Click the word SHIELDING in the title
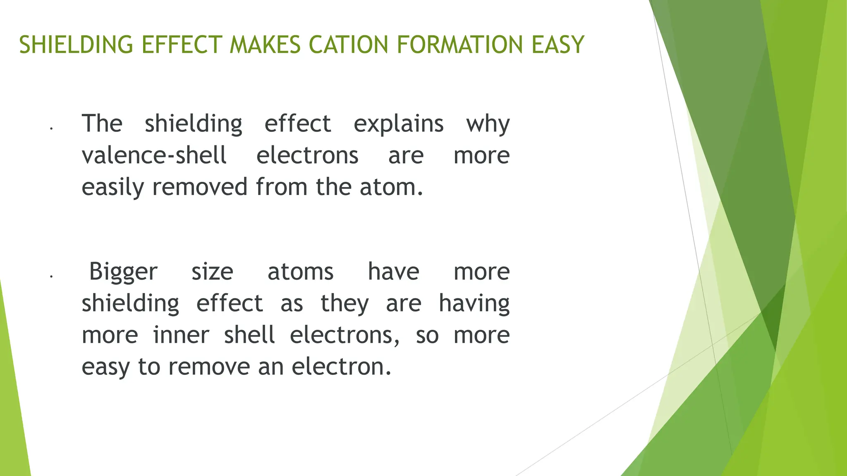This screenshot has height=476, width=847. [76, 45]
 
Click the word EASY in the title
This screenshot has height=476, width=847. [558, 45]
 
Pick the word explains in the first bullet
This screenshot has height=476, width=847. [399, 124]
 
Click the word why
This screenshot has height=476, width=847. [488, 124]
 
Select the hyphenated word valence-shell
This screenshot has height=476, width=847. [154, 155]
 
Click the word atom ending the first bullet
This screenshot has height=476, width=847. [390, 187]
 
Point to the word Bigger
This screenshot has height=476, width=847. [123, 272]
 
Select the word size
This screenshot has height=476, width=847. [212, 272]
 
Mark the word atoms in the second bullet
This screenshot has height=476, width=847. [301, 272]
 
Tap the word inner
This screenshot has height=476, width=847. [181, 335]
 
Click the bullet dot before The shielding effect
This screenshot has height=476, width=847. [51, 129]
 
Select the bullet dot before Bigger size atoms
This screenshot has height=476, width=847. [51, 276]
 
